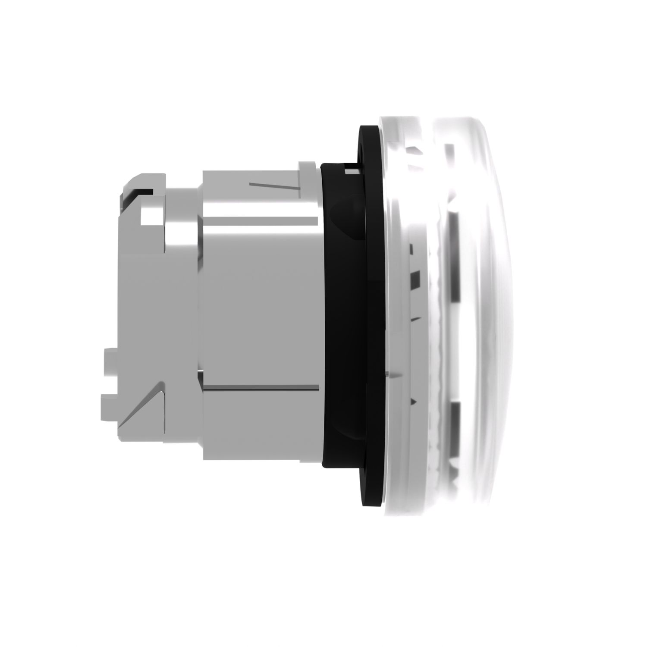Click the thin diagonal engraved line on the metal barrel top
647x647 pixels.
point(258,185)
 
